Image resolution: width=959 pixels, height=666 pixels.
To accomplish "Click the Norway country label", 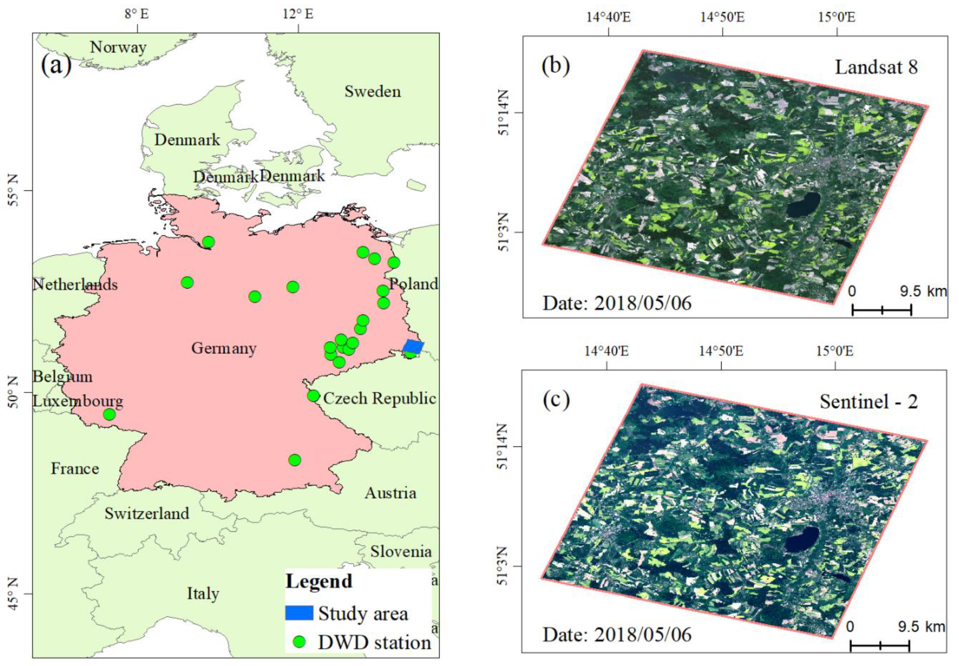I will click(x=118, y=47).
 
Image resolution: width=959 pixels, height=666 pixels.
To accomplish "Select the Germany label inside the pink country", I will click(x=224, y=348).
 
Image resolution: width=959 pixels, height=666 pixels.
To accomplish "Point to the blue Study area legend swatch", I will click(x=299, y=613).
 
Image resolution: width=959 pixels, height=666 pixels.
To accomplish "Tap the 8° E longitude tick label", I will click(x=136, y=14).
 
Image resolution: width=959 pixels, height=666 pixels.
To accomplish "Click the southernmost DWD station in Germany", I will click(x=295, y=460).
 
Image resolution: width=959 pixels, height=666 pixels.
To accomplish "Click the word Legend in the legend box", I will click(x=319, y=581).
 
